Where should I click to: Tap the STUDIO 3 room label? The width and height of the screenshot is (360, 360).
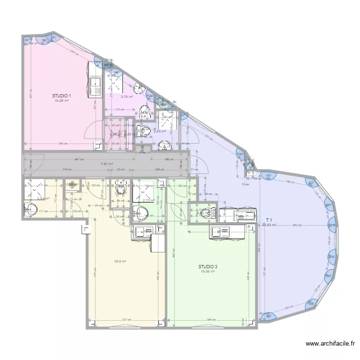pos(208,266)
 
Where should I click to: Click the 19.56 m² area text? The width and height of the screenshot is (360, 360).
pos(207,271)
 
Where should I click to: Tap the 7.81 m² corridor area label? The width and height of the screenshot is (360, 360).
pos(107,164)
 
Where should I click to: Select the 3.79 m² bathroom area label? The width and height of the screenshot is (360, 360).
pos(126,97)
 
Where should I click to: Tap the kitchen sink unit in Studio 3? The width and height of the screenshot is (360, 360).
pos(221,232)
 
